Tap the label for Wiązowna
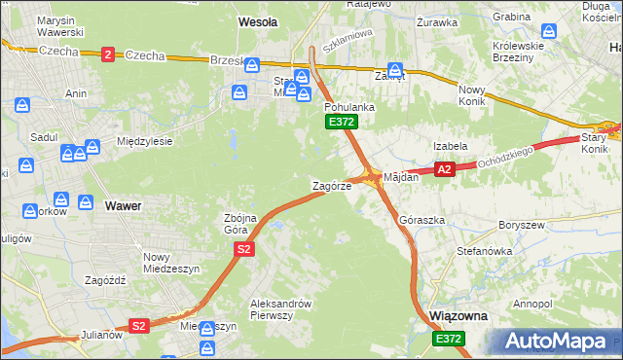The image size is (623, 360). click(x=458, y=317)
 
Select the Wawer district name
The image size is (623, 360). click(x=123, y=206)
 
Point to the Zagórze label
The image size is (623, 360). click(x=331, y=185)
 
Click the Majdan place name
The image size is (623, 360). click(x=401, y=177)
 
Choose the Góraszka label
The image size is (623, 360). click(x=422, y=221)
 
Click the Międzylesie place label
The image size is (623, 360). click(x=144, y=141)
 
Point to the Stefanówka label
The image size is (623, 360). click(x=485, y=251)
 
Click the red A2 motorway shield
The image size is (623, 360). click(x=444, y=169)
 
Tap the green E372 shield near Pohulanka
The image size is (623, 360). click(x=342, y=122)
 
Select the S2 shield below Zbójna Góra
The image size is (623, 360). click(x=244, y=250)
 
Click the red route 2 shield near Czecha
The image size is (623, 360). click(x=106, y=54)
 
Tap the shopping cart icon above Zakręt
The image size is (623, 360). click(x=395, y=69)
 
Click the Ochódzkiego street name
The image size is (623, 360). click(x=508, y=156)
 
